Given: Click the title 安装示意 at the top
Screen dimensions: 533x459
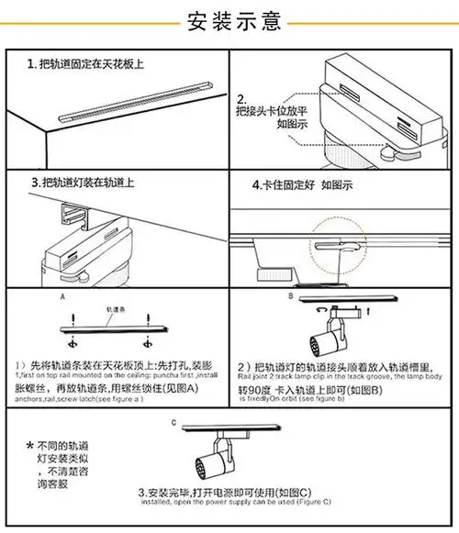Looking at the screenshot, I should (x=229, y=19).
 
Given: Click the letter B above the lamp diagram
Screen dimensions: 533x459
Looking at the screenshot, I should (x=290, y=297).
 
